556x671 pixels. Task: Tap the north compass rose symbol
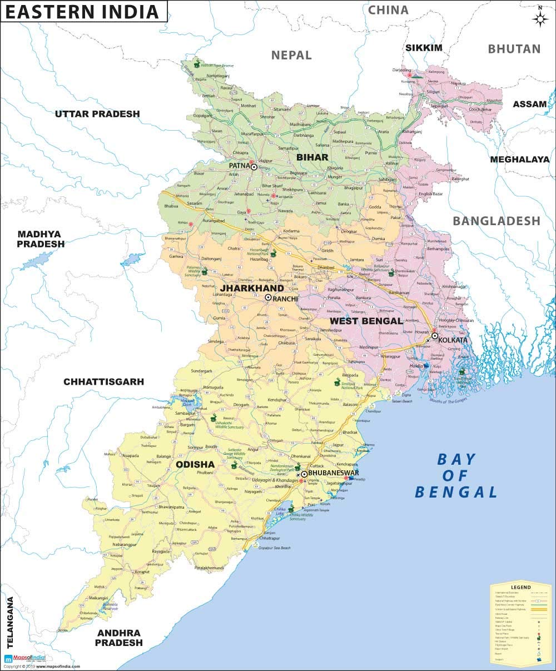pyautogui.click(x=540, y=18)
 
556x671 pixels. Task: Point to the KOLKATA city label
pyautogui.click(x=453, y=340)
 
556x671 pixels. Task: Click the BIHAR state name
pyautogui.click(x=312, y=157)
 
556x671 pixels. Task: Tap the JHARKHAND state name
pyautogui.click(x=252, y=288)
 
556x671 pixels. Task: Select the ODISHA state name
pyautogui.click(x=195, y=464)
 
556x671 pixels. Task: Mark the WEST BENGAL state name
pyautogui.click(x=366, y=321)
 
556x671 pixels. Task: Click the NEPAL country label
pyautogui.click(x=291, y=54)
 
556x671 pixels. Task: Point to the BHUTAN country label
pyautogui.click(x=514, y=49)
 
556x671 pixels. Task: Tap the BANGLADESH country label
pyautogui.click(x=497, y=221)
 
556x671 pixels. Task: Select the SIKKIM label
pyautogui.click(x=424, y=48)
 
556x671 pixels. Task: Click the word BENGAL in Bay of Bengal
pyautogui.click(x=456, y=492)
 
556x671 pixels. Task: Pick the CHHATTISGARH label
pyautogui.click(x=103, y=382)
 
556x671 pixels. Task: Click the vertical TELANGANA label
pyautogui.click(x=9, y=623)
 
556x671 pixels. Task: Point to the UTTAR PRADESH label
pyautogui.click(x=97, y=114)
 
